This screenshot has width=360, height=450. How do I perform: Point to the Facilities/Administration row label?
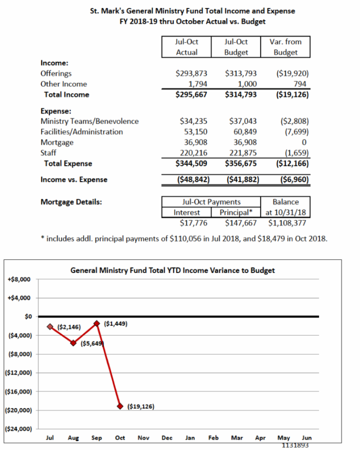pos(81,132)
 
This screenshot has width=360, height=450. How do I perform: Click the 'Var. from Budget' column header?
pos(285,47)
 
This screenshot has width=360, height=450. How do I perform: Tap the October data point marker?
pos(120,406)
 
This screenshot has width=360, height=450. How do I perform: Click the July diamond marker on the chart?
pos(50,327)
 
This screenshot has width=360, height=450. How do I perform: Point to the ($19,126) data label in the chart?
pos(141,406)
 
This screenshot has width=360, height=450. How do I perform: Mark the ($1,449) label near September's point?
pos(116,323)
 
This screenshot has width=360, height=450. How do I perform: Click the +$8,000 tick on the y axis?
pos(19,279)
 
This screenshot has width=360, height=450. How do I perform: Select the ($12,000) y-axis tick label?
pos(18,373)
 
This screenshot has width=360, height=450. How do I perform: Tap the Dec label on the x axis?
pos(167,437)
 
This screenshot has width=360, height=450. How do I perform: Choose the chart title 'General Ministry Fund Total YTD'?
pos(173,270)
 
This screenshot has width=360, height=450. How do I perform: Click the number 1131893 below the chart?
pos(295,445)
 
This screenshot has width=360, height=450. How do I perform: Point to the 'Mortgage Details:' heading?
pos(71,202)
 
